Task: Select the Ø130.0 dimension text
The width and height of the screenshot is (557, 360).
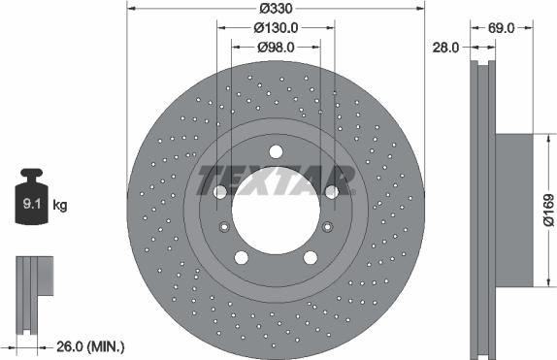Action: tap(277, 28)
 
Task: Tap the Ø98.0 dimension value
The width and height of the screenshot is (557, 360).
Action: tap(277, 46)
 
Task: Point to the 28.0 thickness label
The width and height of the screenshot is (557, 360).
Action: tap(445, 46)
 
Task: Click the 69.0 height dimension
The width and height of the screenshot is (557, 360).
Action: tap(501, 28)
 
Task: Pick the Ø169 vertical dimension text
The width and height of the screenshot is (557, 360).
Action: tap(548, 210)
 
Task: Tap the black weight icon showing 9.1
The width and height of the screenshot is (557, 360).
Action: tap(32, 202)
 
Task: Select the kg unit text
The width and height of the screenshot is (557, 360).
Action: tap(60, 206)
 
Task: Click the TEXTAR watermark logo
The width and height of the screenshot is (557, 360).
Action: tap(276, 180)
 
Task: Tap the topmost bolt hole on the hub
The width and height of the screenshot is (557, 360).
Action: tap(276, 150)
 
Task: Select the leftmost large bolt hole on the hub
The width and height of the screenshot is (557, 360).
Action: tap(220, 192)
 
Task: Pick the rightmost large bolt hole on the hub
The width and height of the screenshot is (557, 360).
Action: tap(332, 192)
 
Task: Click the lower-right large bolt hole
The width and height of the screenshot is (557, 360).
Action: tap(311, 257)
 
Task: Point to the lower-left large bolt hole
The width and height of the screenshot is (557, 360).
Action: tap(242, 257)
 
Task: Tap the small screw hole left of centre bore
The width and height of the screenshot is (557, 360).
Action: tap(225, 227)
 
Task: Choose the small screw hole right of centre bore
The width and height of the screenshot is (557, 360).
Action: tap(327, 227)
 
